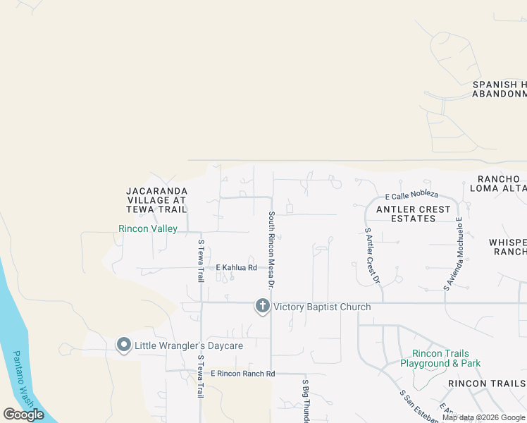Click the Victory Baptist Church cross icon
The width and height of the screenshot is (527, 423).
(x=262, y=306)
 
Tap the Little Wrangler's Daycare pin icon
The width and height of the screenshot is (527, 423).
(x=124, y=345)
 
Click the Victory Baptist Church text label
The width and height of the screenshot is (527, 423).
(x=322, y=307)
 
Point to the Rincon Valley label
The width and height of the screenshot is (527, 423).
(x=148, y=228)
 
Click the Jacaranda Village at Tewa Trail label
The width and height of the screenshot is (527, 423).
(x=156, y=200)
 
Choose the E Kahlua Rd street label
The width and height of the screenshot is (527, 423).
(x=236, y=268)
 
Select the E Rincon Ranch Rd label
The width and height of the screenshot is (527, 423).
(x=236, y=374)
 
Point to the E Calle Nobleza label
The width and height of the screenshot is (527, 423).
(x=411, y=195)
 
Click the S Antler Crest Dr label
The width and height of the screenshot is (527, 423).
(x=372, y=255)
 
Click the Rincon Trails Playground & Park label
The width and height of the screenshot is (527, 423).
(x=440, y=358)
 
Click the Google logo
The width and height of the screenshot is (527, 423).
(x=24, y=415)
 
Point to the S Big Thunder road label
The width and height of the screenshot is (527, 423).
(x=306, y=400)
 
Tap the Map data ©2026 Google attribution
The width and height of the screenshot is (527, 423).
(x=484, y=417)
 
